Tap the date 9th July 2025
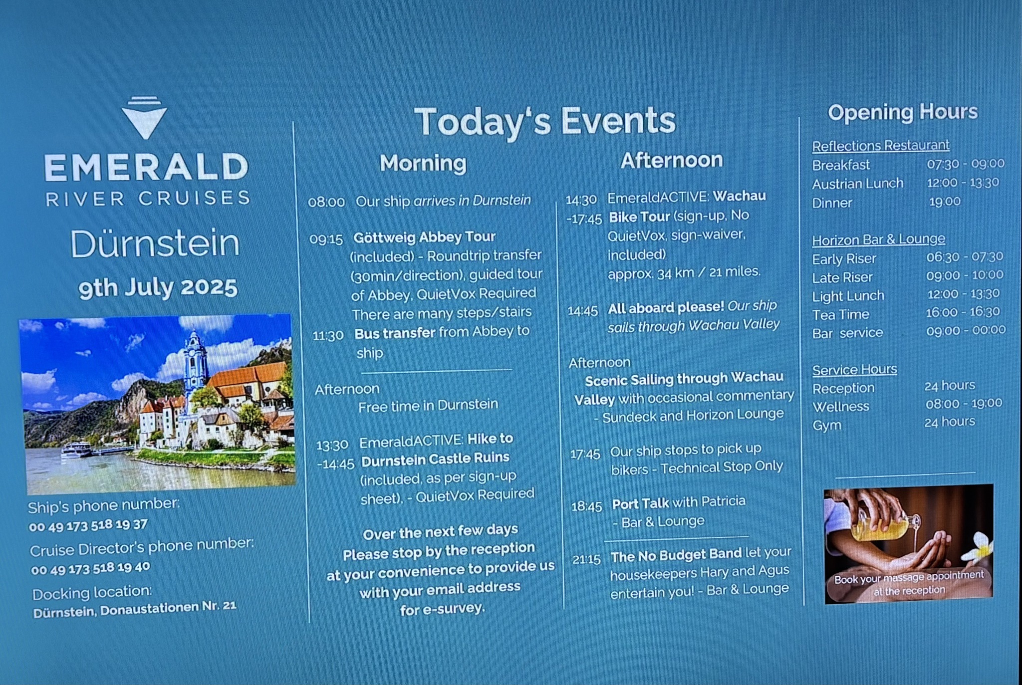[158, 288]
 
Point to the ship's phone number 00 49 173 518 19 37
[88, 525]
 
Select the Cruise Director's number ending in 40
[90, 568]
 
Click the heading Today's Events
[545, 121]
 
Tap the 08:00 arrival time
[326, 202]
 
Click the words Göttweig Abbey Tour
[425, 236]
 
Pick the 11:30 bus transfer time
[328, 335]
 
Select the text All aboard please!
[666, 308]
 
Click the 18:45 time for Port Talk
[587, 507]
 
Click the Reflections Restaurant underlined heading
[881, 146]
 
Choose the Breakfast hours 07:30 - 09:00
[966, 164]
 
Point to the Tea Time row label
[841, 314]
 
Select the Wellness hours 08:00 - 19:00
[964, 403]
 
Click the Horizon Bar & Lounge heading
[879, 240]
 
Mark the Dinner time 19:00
[945, 202]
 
